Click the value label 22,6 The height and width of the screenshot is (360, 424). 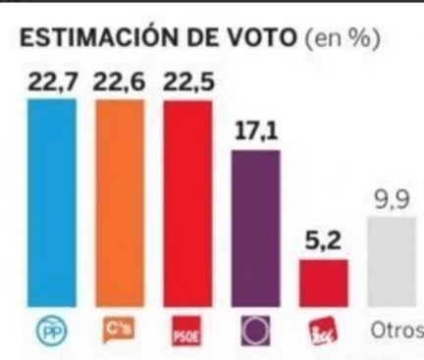click(119, 82)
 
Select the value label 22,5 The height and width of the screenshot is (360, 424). click(186, 82)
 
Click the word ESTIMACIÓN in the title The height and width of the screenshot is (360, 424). click(87, 38)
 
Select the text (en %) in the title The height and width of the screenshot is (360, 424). click(344, 38)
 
